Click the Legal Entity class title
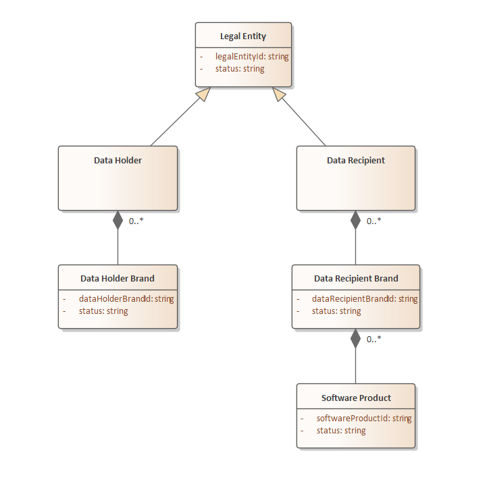243,36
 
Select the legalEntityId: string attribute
252,57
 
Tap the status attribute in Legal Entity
240,69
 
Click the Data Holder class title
118,161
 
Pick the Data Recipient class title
356,161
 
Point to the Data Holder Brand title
118,278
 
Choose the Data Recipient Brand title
356,278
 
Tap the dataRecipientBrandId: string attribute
365,298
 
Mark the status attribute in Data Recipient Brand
336,311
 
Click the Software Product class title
356,398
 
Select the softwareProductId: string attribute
364,418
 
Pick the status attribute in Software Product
341,431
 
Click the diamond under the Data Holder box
118,220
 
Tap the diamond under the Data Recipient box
356,220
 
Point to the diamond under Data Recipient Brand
356,338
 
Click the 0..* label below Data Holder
136,221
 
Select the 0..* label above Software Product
374,339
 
